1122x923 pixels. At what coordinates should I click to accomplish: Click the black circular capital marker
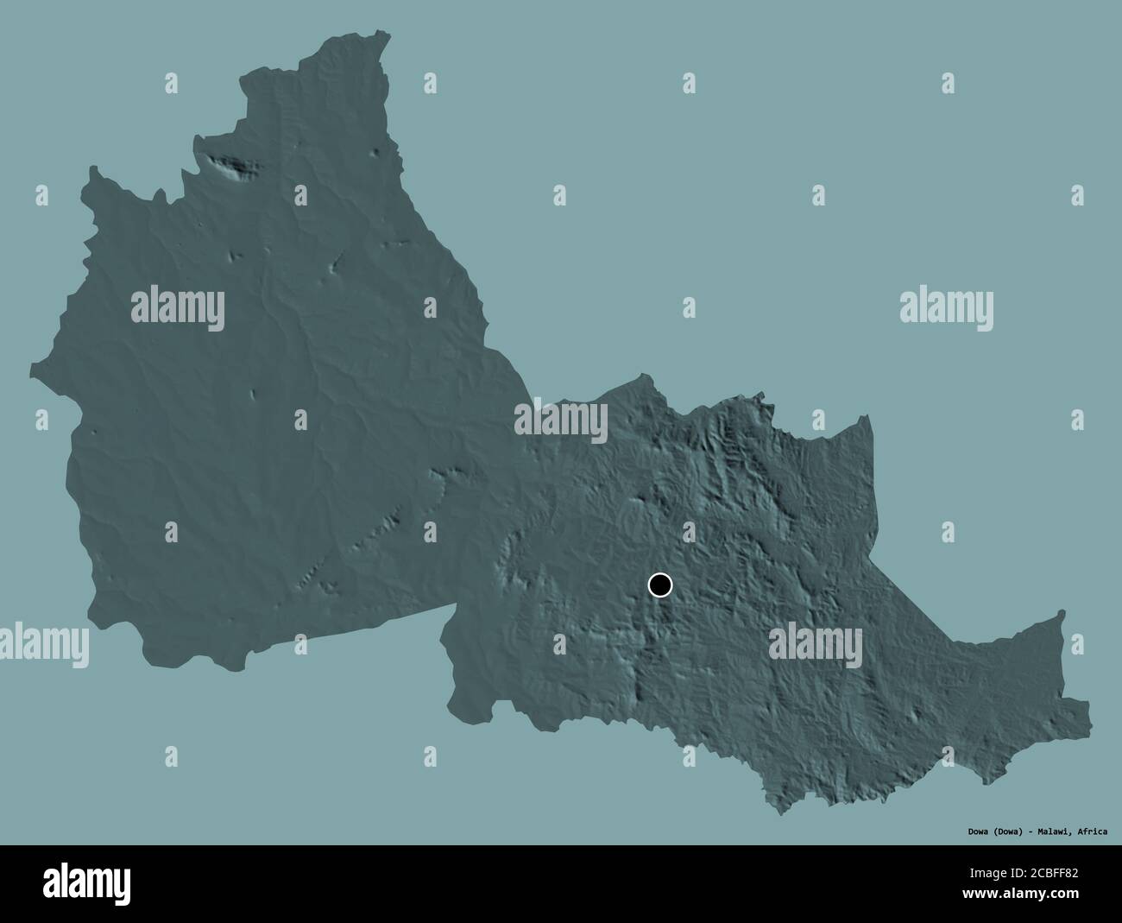click(659, 585)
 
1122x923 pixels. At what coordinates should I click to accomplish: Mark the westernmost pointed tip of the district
click(30, 370)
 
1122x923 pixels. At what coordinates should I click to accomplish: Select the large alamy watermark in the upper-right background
click(945, 307)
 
